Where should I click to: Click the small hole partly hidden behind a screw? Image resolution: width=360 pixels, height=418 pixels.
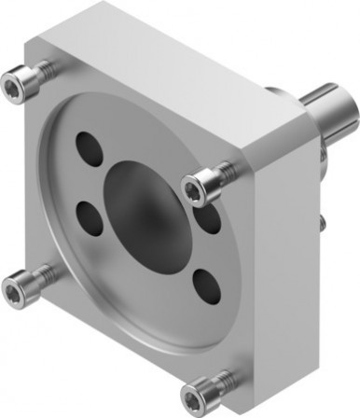pos(209,216)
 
